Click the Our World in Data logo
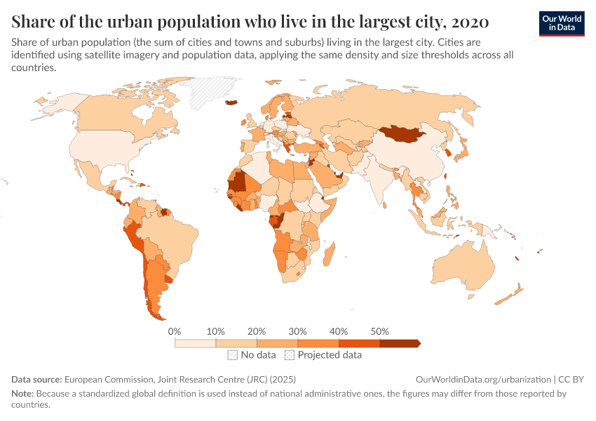pyautogui.click(x=561, y=23)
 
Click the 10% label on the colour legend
pyautogui.click(x=215, y=331)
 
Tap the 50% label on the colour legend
pyautogui.click(x=379, y=331)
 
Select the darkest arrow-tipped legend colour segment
pyautogui.click(x=399, y=343)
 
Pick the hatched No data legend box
pyautogui.click(x=232, y=355)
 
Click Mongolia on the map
pyautogui.click(x=404, y=134)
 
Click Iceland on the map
pyautogui.click(x=231, y=102)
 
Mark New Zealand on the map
pyautogui.click(x=512, y=294)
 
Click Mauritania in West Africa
pyautogui.click(x=238, y=181)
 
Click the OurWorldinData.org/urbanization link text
pyautogui.click(x=483, y=379)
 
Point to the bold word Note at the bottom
pyautogui.click(x=22, y=394)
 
